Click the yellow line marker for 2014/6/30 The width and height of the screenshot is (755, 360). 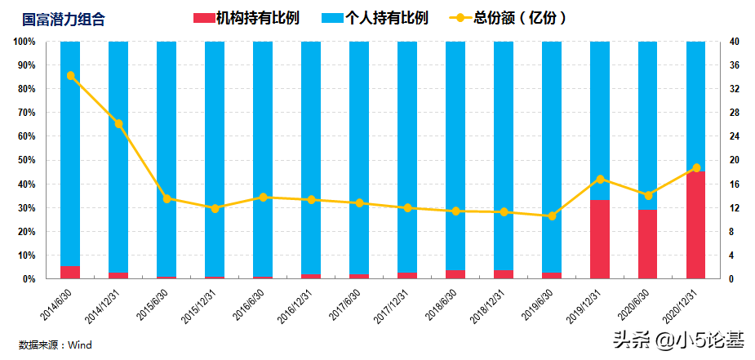click(70, 76)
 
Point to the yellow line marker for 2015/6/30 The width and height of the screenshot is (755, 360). click(167, 198)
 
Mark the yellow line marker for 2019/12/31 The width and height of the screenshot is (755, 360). click(600, 179)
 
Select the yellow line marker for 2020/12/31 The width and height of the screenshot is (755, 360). click(696, 167)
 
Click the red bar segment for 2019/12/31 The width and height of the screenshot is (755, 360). click(600, 239)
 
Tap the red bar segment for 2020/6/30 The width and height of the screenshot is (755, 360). click(648, 244)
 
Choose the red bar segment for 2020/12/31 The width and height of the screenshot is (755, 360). click(696, 225)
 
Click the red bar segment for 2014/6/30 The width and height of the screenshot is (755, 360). click(70, 272)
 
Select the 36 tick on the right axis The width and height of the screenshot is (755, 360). click(734, 64)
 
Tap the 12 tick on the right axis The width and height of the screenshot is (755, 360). click(734, 207)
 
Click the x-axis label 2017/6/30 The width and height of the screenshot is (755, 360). click(348, 304)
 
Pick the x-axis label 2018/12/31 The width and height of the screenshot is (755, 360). click(491, 305)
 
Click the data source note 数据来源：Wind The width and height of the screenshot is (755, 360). click(56, 344)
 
